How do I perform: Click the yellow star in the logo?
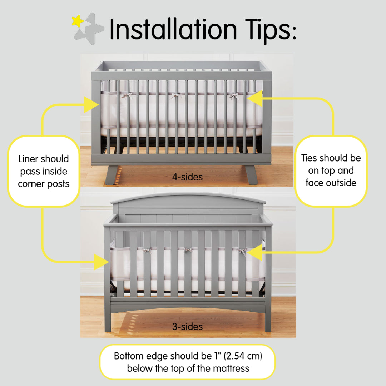click(77, 21)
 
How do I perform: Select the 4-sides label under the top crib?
click(187, 177)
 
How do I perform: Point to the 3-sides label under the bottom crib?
click(187, 326)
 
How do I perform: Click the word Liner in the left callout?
click(31, 159)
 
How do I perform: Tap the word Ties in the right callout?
click(310, 158)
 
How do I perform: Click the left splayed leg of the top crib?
click(112, 175)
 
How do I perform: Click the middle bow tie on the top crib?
click(175, 96)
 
